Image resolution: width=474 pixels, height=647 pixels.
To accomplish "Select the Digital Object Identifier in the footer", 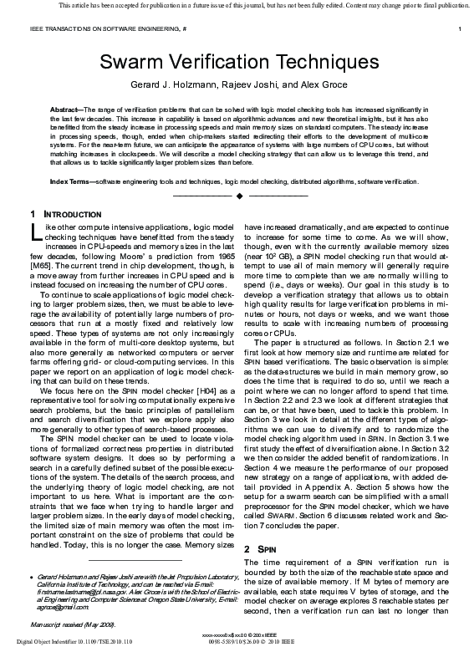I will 63,641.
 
